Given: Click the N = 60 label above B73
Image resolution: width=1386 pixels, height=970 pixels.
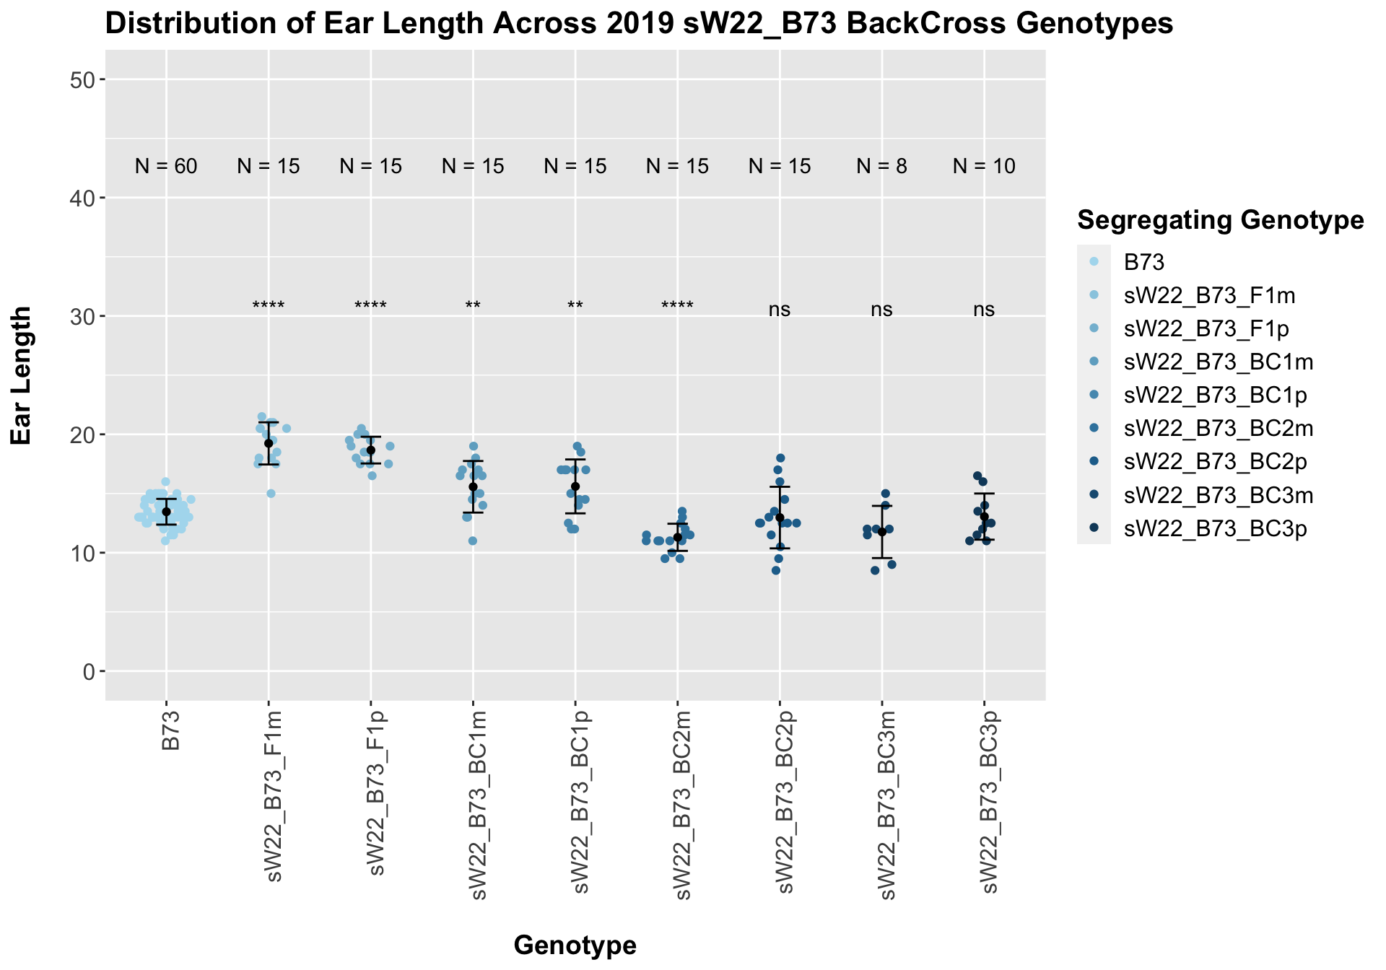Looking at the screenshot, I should tap(166, 167).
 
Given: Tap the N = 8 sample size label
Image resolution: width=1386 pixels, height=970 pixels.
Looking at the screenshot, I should tap(881, 167).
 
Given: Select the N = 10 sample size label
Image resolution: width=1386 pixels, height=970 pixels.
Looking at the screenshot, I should tap(984, 167).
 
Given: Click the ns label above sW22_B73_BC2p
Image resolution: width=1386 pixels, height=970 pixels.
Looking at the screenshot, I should tap(780, 310).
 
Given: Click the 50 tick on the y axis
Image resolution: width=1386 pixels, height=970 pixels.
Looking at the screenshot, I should tap(86, 79).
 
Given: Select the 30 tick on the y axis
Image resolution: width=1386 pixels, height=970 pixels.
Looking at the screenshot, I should tap(86, 316).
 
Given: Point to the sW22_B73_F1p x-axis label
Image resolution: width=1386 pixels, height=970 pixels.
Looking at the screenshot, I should tap(375, 794).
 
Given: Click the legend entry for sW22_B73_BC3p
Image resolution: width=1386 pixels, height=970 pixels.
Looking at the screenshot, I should tap(1216, 529).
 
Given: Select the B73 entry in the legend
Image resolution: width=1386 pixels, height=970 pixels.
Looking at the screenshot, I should tap(1144, 262).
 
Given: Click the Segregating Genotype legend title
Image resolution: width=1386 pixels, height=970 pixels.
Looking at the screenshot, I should tap(1220, 220).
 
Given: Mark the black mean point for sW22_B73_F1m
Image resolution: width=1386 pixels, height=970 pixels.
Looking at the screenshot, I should tap(269, 443).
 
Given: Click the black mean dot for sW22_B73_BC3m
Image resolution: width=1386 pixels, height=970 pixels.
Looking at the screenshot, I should tap(881, 532).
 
